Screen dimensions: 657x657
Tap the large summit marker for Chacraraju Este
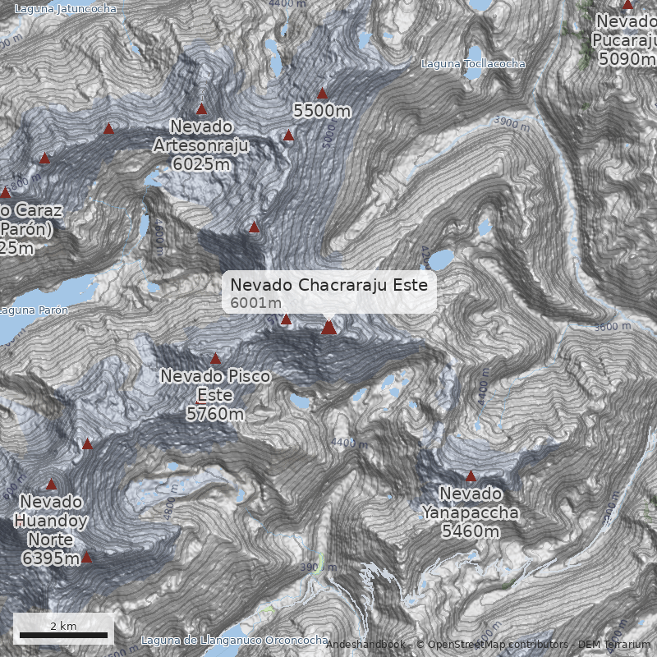tap(328, 328)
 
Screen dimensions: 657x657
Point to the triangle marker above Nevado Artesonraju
tap(201, 109)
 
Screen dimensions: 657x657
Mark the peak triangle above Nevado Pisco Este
tap(215, 359)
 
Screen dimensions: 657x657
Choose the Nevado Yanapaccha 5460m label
tap(471, 512)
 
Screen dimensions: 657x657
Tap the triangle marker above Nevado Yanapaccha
tap(471, 476)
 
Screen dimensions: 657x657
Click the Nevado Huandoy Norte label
tap(51, 531)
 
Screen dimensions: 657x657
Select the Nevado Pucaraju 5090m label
tap(626, 39)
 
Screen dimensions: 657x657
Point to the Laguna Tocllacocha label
tap(472, 64)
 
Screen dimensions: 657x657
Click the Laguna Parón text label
tap(34, 310)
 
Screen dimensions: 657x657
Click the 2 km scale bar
tap(63, 634)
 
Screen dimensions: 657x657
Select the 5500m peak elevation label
tap(322, 109)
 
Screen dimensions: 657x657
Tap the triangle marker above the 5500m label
tap(322, 93)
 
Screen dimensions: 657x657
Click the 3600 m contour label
tap(612, 326)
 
